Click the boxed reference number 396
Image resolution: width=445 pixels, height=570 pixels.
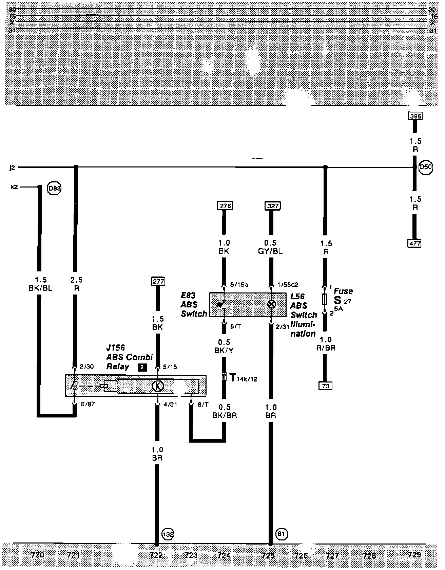[415, 116]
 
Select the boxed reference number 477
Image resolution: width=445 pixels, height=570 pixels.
[414, 243]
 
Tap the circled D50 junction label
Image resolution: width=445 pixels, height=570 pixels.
[426, 167]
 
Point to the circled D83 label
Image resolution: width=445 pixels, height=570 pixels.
[54, 188]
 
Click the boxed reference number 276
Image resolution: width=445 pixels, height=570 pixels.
[225, 206]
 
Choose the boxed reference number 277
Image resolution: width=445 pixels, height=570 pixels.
[158, 281]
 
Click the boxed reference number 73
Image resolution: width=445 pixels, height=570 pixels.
[325, 386]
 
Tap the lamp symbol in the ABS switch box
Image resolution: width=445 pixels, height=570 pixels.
[271, 304]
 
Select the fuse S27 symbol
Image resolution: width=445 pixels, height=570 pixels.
[325, 300]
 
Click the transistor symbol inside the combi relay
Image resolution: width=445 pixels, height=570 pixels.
[158, 386]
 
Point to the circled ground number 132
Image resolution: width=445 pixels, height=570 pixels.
[168, 534]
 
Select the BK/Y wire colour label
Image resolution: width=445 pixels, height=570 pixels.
[224, 350]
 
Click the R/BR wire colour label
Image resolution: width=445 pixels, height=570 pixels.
[326, 348]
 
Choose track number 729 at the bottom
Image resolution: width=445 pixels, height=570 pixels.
[415, 555]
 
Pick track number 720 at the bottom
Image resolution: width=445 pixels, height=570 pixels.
[37, 555]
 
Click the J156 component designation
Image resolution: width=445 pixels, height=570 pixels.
[116, 348]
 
